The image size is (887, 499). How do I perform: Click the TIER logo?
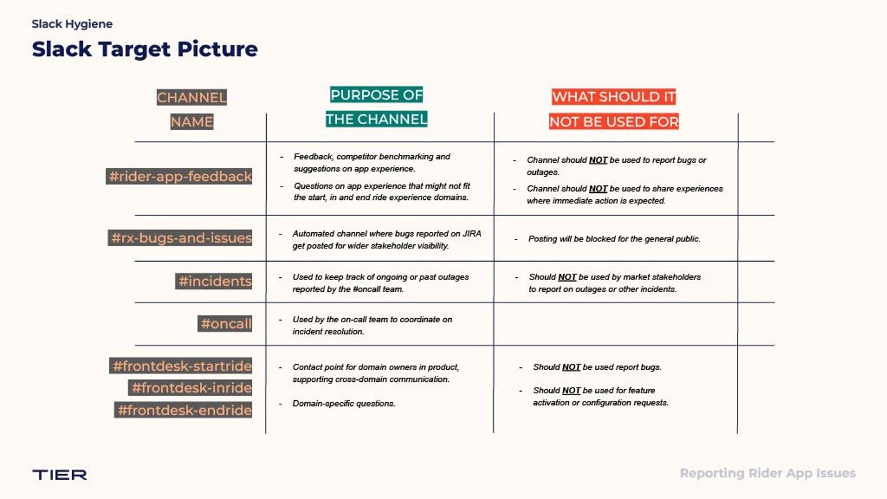click(59, 475)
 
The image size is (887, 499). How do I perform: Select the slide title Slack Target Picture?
click(144, 49)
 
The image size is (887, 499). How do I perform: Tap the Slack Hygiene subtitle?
click(72, 24)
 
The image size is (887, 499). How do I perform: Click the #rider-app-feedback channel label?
click(180, 176)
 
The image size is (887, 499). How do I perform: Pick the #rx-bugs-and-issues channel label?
click(181, 237)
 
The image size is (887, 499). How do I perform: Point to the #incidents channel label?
click(214, 281)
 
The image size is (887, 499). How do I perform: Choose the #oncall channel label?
click(225, 323)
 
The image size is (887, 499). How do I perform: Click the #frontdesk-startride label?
click(181, 366)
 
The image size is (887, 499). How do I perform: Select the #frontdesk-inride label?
click(191, 388)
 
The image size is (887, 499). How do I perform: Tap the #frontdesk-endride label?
click(184, 410)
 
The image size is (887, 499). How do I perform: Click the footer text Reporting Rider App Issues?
click(767, 473)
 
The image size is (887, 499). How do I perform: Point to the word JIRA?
click(472, 233)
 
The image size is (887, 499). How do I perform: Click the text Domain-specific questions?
click(344, 403)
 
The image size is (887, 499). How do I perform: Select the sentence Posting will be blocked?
click(614, 239)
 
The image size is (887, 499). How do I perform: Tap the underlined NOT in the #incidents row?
click(567, 277)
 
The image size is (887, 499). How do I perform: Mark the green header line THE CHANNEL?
click(376, 119)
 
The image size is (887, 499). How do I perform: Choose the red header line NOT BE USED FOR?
click(614, 121)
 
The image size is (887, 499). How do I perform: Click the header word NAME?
click(192, 121)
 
